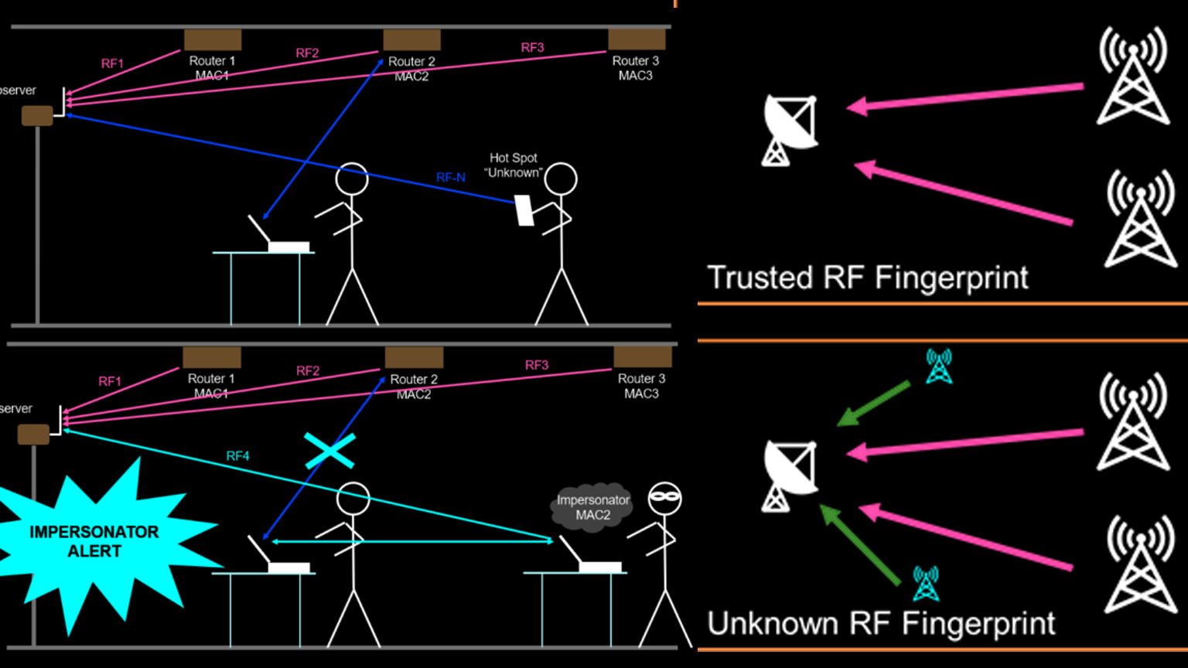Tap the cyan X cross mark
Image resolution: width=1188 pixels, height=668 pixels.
point(330,451)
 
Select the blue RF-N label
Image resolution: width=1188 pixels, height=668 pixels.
point(451,178)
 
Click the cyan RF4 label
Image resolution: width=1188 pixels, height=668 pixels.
point(237,456)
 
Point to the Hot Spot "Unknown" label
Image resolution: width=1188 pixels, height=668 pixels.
point(514,165)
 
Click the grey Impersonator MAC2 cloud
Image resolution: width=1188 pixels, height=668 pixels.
point(592,507)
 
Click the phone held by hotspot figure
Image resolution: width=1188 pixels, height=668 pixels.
point(525,210)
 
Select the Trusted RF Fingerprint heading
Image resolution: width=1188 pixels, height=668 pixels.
point(868,278)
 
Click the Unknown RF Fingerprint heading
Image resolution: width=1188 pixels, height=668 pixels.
point(881,623)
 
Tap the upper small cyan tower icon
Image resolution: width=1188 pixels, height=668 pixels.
point(939,366)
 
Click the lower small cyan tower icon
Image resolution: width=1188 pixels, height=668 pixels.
point(926,583)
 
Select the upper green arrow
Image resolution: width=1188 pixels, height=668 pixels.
point(873,404)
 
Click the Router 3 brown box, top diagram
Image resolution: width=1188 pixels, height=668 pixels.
point(637,39)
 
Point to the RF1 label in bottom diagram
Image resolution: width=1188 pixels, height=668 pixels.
point(110,381)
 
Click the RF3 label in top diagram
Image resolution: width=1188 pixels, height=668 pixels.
point(532,47)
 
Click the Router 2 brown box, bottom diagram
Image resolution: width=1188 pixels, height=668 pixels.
point(414,357)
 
